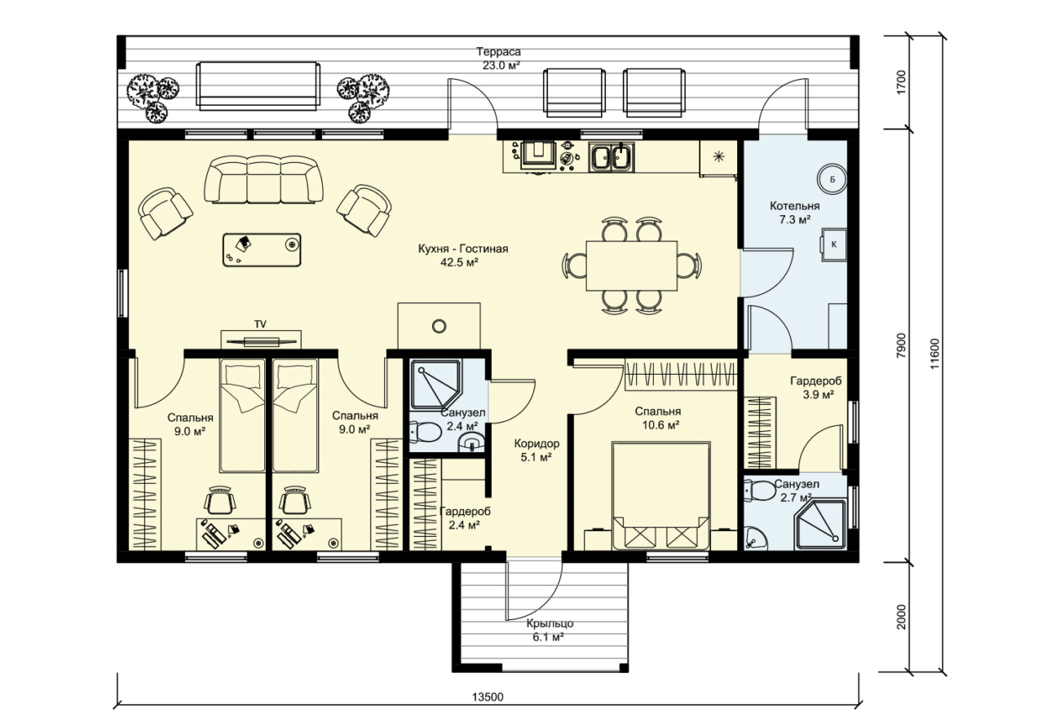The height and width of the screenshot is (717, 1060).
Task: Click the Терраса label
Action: [498, 51]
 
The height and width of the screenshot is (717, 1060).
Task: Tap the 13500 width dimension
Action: [488, 697]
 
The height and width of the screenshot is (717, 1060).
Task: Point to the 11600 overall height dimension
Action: [935, 354]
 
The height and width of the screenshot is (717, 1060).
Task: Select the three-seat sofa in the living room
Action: [263, 180]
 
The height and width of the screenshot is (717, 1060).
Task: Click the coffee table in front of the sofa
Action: [262, 249]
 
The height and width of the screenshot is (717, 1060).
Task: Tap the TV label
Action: [260, 324]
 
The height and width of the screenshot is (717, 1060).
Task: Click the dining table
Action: [632, 266]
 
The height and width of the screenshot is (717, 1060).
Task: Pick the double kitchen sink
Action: [612, 157]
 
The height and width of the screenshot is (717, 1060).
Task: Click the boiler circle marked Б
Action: [832, 178]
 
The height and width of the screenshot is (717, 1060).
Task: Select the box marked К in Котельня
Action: [834, 244]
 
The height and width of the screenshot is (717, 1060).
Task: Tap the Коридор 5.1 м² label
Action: [537, 451]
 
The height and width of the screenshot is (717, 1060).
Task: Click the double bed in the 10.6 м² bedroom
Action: [661, 495]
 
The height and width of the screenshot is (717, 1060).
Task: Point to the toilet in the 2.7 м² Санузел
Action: [758, 490]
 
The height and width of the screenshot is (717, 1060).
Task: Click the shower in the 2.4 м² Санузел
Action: [435, 385]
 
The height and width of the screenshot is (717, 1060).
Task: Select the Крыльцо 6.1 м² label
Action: [550, 630]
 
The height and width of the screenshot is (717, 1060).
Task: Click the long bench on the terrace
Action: [258, 86]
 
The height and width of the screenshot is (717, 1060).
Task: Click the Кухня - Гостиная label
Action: [463, 249]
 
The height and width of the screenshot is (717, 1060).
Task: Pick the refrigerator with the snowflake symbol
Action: [718, 158]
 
